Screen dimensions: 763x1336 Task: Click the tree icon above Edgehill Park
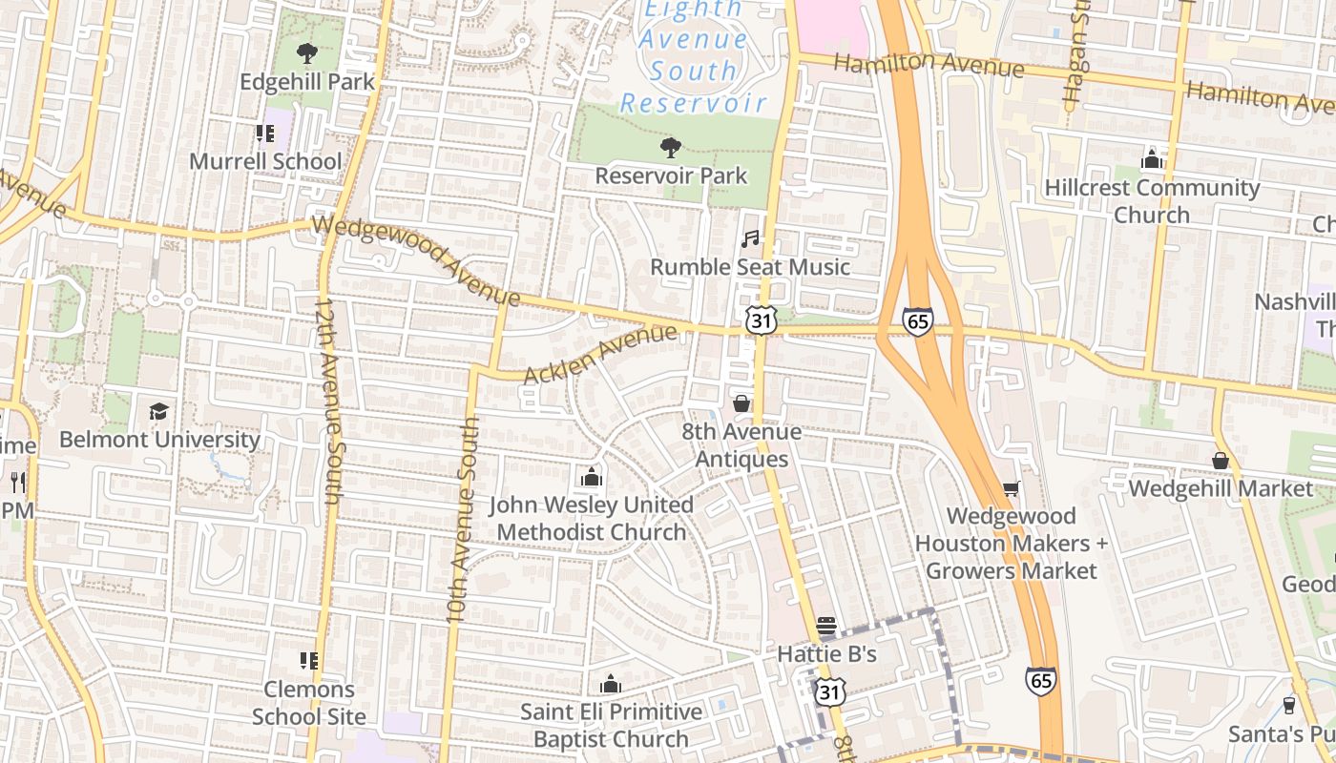(306, 52)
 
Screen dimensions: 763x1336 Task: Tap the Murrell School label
(264, 161)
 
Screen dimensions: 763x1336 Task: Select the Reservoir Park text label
(671, 176)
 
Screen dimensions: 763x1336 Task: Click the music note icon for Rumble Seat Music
(751, 238)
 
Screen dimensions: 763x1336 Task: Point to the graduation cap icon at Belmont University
(158, 411)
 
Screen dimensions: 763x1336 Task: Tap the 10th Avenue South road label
(462, 520)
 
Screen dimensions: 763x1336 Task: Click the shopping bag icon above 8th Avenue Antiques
(741, 403)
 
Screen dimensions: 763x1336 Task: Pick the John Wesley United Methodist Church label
(591, 518)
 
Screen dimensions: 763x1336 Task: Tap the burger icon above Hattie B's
(826, 627)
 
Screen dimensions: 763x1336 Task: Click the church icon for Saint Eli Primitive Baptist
(611, 684)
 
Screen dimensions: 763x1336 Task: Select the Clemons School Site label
(308, 702)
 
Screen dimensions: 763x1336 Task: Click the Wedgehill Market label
(1221, 488)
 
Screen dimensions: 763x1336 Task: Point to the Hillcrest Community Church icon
(1152, 159)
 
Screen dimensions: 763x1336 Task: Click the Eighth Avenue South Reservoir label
(694, 55)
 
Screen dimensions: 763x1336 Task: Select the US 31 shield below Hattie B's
(830, 692)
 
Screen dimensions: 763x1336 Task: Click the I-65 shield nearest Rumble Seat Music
(917, 321)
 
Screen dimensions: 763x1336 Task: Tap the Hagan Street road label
(1076, 57)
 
